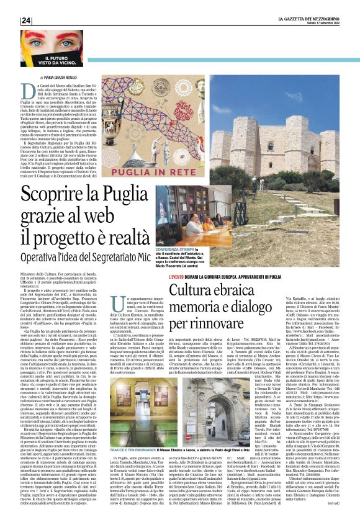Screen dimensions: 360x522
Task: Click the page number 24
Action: (25, 20)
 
